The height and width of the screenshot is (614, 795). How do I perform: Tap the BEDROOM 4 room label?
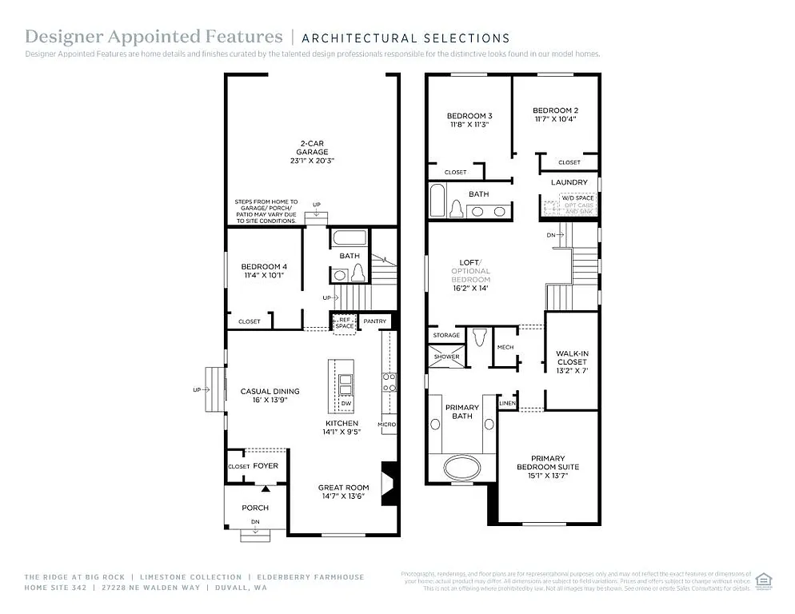[x=263, y=266]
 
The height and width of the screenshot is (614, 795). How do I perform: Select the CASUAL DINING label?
[x=270, y=391]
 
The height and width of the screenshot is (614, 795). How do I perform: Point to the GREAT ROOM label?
[x=343, y=487]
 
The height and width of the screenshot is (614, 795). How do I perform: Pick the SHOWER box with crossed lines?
[x=446, y=357]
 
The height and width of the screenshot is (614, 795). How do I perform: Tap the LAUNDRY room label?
[x=569, y=182]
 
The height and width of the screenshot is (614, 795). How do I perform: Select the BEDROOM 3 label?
[x=469, y=116]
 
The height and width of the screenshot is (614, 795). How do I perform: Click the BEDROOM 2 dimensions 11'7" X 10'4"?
[x=555, y=118]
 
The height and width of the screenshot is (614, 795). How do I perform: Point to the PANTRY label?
[x=374, y=321]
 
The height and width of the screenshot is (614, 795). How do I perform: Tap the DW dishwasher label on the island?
[x=346, y=404]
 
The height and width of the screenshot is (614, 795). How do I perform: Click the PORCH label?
[x=255, y=508]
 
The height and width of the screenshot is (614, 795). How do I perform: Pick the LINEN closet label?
[x=507, y=403]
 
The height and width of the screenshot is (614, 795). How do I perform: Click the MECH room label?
[x=505, y=347]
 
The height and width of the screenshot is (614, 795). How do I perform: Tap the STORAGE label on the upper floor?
[x=445, y=335]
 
